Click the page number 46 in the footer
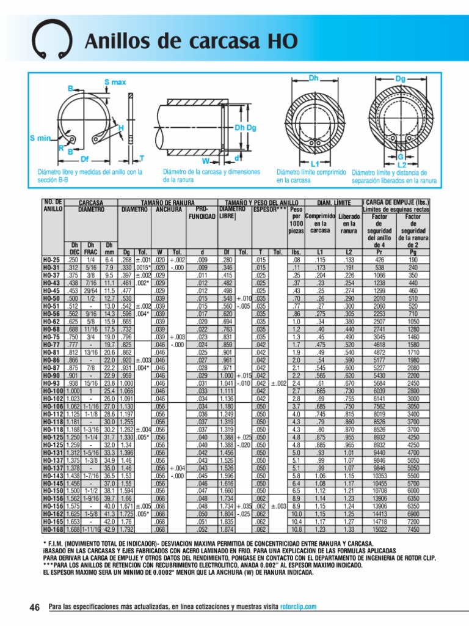pyautogui.click(x=34, y=606)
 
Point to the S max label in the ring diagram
pyautogui.click(x=115, y=82)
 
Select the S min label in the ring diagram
pyautogui.click(x=40, y=138)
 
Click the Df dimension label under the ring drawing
pyautogui.click(x=85, y=158)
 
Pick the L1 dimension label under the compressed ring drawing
pyautogui.click(x=315, y=164)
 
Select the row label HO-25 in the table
pyautogui.click(x=51, y=259)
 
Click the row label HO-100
pyautogui.click(x=53, y=389)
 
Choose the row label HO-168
pyautogui.click(x=53, y=529)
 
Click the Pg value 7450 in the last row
pyautogui.click(x=413, y=529)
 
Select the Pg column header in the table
pyautogui.click(x=413, y=251)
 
